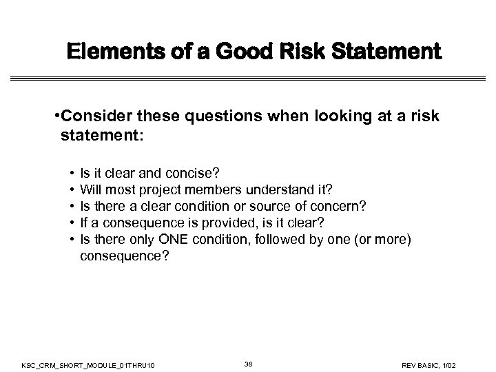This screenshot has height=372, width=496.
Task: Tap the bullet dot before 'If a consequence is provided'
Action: click(x=72, y=223)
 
